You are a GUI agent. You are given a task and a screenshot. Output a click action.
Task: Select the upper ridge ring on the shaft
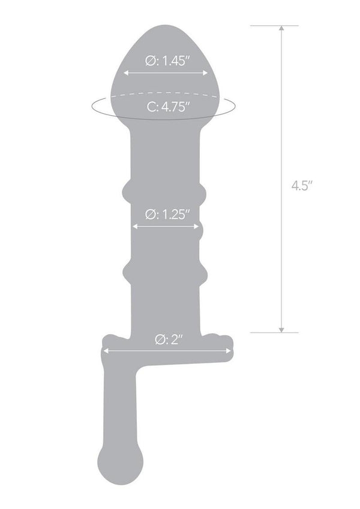[164, 192]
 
